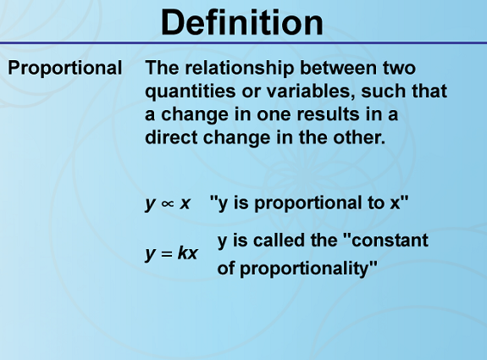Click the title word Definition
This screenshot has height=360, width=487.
click(x=242, y=23)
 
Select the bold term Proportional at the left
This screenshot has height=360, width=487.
click(x=65, y=69)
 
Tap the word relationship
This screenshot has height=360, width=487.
click(x=239, y=69)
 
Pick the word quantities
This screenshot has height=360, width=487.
click(x=191, y=91)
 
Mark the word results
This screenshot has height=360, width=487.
click(x=329, y=114)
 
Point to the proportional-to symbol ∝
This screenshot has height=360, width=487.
click(x=167, y=204)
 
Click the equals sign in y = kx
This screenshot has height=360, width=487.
click(x=167, y=254)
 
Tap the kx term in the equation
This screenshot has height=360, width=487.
click(x=187, y=252)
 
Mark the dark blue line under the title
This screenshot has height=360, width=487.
click(x=244, y=42)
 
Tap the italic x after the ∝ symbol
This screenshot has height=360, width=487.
click(x=185, y=204)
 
